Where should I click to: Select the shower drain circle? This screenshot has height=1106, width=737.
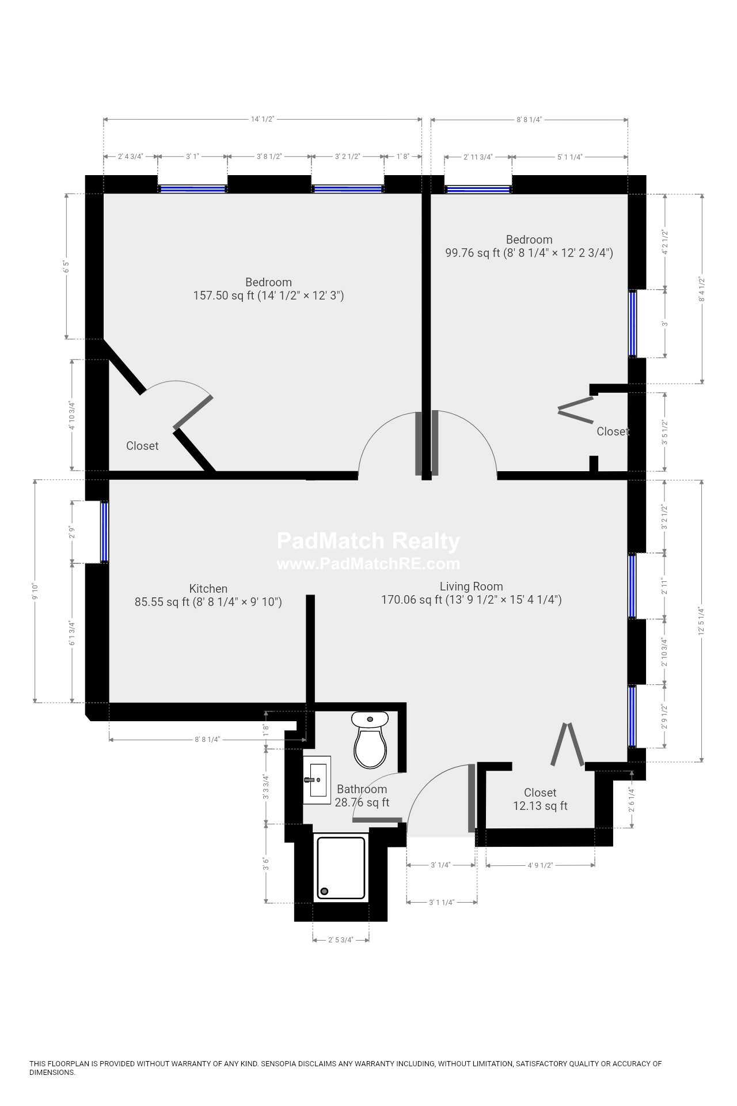tap(324, 891)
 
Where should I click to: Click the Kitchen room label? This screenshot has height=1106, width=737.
tap(208, 589)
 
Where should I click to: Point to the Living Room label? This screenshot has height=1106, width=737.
tap(471, 586)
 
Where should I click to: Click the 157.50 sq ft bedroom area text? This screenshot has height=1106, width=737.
tap(268, 296)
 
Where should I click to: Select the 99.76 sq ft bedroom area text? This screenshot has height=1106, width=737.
tap(529, 253)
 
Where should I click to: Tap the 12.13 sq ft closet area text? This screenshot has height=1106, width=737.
tap(540, 806)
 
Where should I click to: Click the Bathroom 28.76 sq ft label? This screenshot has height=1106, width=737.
tap(362, 796)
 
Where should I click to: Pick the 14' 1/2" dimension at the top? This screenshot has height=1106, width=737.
tap(263, 119)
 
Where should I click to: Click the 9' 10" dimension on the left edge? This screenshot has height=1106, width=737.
tap(35, 590)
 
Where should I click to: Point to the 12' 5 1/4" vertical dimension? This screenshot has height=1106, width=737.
tap(701, 620)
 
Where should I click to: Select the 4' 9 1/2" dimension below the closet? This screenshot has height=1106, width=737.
tap(540, 865)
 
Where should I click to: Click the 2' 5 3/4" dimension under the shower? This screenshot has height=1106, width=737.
tap(340, 940)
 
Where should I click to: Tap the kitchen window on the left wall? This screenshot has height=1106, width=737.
tap(104, 531)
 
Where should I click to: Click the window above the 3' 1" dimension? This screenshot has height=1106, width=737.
tap(192, 188)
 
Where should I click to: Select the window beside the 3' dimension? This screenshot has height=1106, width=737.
tap(633, 324)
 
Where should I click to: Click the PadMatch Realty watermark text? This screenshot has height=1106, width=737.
tap(368, 541)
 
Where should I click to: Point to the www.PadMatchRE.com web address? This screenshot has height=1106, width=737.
tap(368, 563)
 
